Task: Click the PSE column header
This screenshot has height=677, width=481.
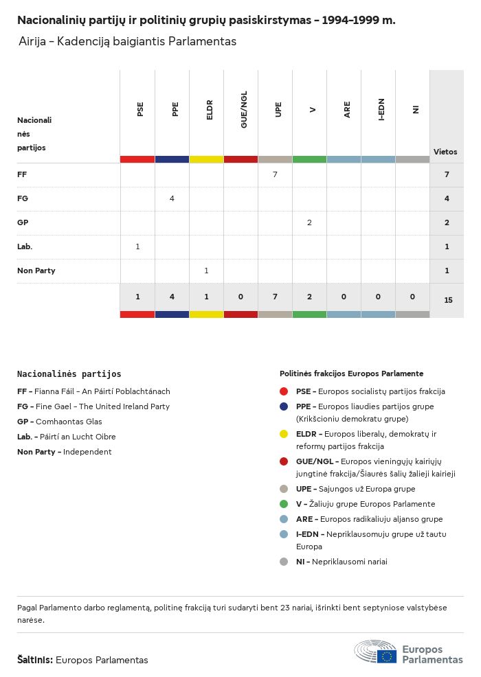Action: click(140, 109)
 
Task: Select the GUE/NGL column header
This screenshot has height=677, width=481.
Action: click(244, 109)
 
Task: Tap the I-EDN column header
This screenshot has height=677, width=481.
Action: click(381, 109)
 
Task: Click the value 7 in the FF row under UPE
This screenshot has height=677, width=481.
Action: click(275, 174)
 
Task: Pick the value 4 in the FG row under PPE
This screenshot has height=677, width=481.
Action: click(172, 198)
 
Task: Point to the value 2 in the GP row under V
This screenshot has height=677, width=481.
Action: click(309, 222)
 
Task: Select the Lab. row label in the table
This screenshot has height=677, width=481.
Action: click(25, 246)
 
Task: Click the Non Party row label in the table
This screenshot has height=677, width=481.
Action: click(36, 271)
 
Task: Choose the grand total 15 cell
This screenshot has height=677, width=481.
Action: click(448, 300)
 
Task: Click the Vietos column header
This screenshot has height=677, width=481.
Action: click(445, 152)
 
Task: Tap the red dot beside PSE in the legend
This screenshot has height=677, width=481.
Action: click(284, 391)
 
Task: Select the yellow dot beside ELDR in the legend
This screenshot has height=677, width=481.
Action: click(284, 434)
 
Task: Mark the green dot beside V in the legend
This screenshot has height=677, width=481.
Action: click(284, 504)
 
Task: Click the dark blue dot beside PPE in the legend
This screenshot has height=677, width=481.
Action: click(284, 406)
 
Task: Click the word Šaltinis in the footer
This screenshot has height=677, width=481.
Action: click(34, 660)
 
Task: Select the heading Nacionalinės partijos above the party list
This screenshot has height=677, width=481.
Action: click(69, 374)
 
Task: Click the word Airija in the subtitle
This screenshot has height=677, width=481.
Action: click(33, 42)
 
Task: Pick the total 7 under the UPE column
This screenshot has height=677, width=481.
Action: click(275, 297)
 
